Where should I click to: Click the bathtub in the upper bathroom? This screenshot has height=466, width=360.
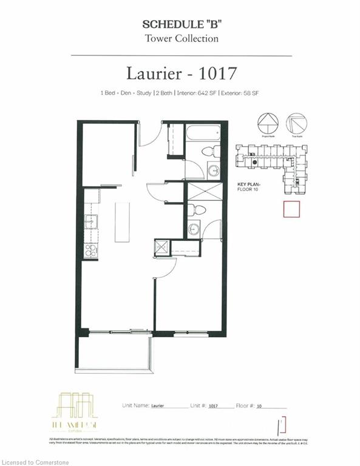[x=203, y=133]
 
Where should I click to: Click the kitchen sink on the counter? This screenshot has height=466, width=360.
[x=90, y=221]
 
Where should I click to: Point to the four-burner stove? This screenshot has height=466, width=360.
[x=90, y=250]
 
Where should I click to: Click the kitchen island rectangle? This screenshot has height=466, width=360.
[x=122, y=221]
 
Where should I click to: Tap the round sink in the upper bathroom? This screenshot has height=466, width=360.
[x=214, y=171]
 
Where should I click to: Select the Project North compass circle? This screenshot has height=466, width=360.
[x=268, y=123]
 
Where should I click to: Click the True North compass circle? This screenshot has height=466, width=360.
[x=296, y=123]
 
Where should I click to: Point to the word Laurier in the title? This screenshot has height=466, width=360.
[x=154, y=73]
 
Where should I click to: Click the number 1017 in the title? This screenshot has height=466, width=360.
[x=215, y=73]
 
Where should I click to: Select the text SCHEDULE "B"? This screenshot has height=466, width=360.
[x=180, y=25]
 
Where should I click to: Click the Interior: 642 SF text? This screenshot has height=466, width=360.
[x=199, y=93]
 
